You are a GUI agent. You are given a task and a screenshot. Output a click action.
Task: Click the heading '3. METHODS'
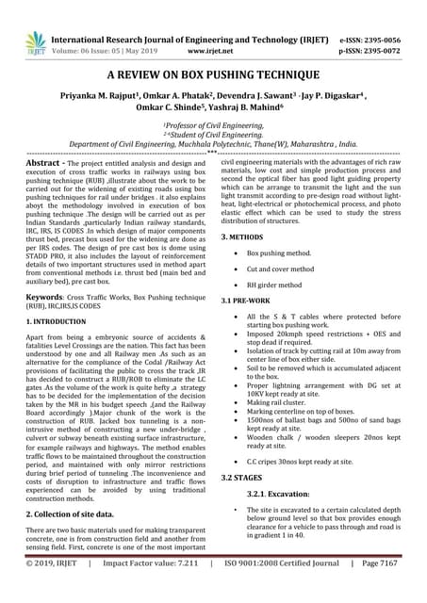point(242,236)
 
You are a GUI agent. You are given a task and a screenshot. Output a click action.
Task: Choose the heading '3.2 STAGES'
point(243,478)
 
